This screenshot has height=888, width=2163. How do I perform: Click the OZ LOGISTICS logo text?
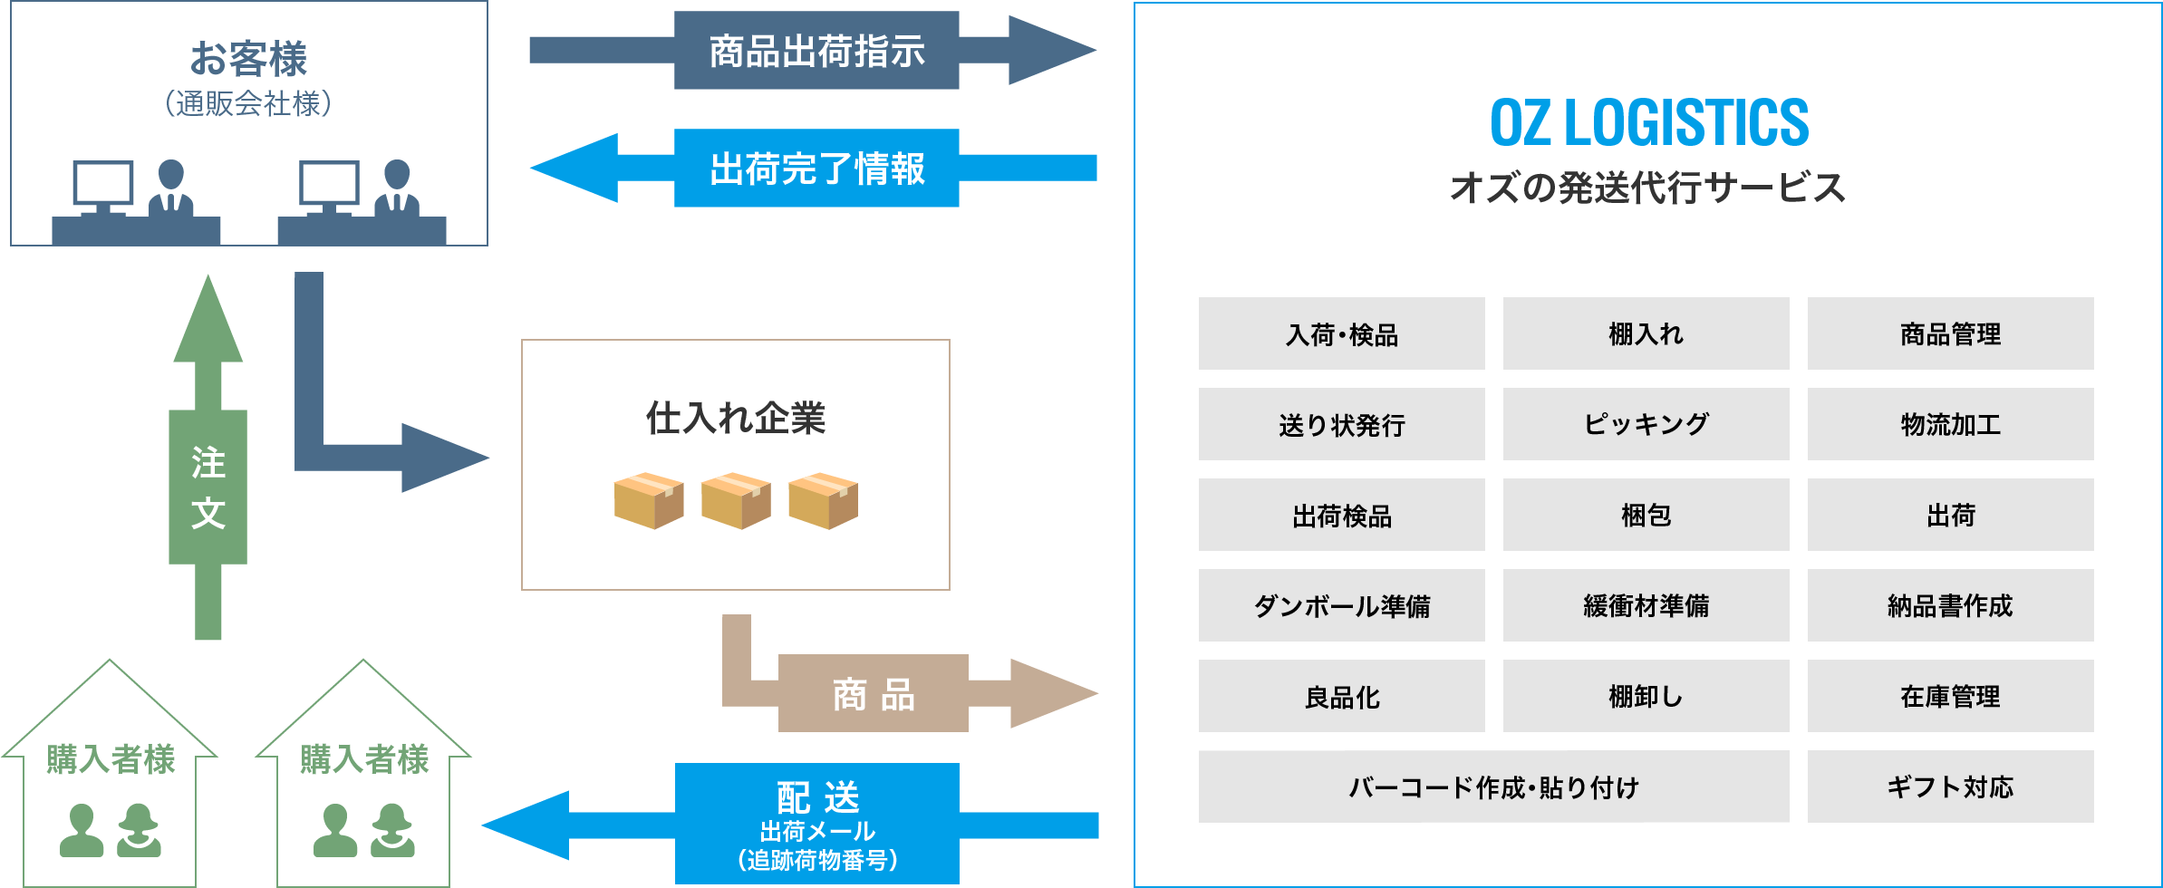tap(1648, 123)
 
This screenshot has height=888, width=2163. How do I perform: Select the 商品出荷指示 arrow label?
tap(816, 51)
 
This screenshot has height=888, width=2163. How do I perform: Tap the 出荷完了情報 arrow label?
tap(816, 169)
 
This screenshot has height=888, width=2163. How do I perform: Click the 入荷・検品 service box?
tap(1341, 333)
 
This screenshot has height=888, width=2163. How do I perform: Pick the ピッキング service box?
tap(1646, 424)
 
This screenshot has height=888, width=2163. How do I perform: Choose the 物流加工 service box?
tap(1950, 424)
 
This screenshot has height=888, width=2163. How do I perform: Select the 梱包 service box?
tap(1646, 515)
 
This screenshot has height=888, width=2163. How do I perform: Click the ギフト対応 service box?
tap(1950, 787)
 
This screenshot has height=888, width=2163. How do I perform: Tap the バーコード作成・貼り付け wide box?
tap(1493, 787)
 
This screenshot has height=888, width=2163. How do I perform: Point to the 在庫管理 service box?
tap(1950, 696)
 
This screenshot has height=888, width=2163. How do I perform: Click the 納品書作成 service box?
tap(1950, 605)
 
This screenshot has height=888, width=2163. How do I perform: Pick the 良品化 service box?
tap(1341, 696)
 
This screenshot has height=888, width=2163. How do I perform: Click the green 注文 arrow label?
tap(208, 487)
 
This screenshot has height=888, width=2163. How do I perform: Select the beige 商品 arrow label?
tap(873, 694)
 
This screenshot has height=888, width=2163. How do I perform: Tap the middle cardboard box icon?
tap(736, 499)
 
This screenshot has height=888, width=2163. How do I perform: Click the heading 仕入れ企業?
tap(735, 418)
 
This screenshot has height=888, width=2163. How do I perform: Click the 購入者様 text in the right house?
tap(363, 759)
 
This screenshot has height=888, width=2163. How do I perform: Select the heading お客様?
tap(248, 59)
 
